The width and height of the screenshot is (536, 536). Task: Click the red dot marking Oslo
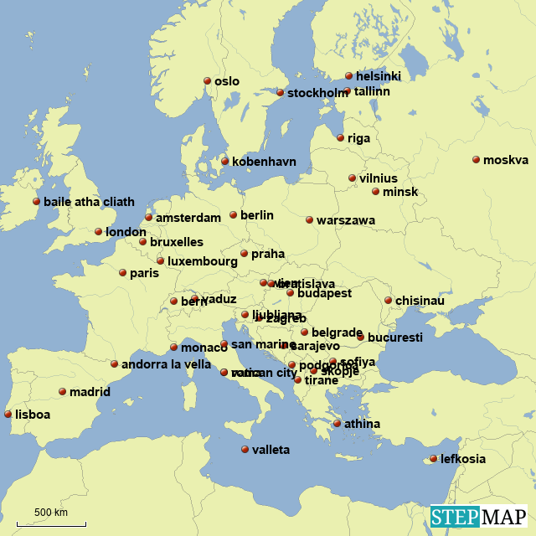point(207,81)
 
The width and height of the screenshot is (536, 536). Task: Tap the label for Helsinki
point(378,76)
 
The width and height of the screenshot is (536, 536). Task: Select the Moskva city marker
point(476,160)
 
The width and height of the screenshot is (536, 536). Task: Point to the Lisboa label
point(33,415)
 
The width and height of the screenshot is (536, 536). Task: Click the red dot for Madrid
point(62,391)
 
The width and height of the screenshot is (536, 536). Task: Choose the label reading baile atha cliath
point(89,202)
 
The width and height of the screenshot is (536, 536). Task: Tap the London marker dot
point(98,232)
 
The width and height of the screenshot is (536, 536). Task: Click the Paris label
point(144,273)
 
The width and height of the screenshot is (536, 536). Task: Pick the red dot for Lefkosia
point(433,459)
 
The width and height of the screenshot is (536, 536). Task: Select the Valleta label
point(271,450)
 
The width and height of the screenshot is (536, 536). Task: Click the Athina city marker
point(337,424)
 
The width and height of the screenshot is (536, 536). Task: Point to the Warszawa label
point(346,220)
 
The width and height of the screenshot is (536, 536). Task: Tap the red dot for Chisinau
point(388,301)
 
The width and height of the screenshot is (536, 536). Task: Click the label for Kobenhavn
point(264,162)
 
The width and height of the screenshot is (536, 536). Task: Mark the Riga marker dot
point(340,138)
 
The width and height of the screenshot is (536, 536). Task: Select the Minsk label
point(400,192)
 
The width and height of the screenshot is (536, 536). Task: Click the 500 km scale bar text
point(51,513)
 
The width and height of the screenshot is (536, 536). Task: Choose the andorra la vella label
point(166,364)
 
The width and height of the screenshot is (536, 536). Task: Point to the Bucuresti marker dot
point(360,338)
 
